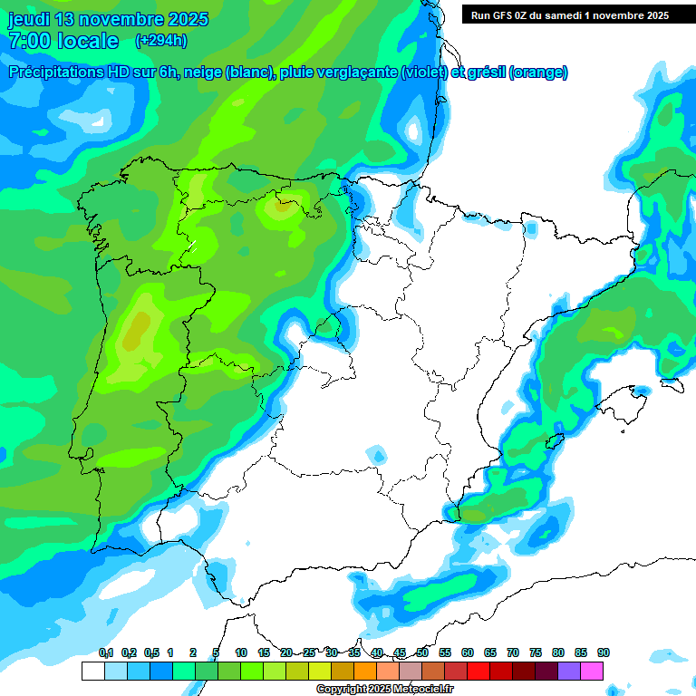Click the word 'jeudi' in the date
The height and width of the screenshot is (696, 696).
(28, 19)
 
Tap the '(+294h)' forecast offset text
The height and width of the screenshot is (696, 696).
(160, 40)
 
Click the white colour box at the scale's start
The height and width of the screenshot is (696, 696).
(92, 672)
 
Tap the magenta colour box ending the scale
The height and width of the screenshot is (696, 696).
(593, 672)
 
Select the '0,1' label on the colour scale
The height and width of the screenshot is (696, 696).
(106, 653)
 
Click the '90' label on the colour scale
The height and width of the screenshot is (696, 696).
(603, 653)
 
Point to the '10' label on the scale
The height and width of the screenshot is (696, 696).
(241, 653)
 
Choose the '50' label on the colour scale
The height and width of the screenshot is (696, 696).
(422, 653)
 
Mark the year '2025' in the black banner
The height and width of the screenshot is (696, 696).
(652, 14)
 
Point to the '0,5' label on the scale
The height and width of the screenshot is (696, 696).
(151, 653)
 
